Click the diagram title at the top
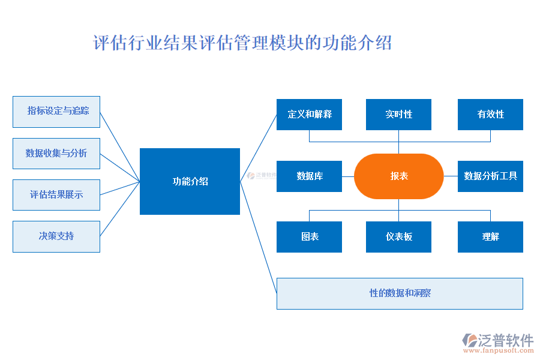coord(242,43)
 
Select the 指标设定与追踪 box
coord(56,112)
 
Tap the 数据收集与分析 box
coord(56,154)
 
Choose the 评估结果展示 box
coord(56,195)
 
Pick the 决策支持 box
coord(56,236)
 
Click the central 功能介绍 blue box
coord(190,181)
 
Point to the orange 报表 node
coord(399,176)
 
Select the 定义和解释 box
coord(309,115)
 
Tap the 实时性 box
coord(398,115)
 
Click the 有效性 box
coord(490,115)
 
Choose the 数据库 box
coord(309,176)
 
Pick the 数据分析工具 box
coord(490,176)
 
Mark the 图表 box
coord(309,237)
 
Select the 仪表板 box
coord(398,237)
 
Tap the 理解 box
coord(490,237)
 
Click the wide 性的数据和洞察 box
coord(400,293)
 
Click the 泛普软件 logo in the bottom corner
coord(499,340)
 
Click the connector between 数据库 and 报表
coord(348,176)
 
